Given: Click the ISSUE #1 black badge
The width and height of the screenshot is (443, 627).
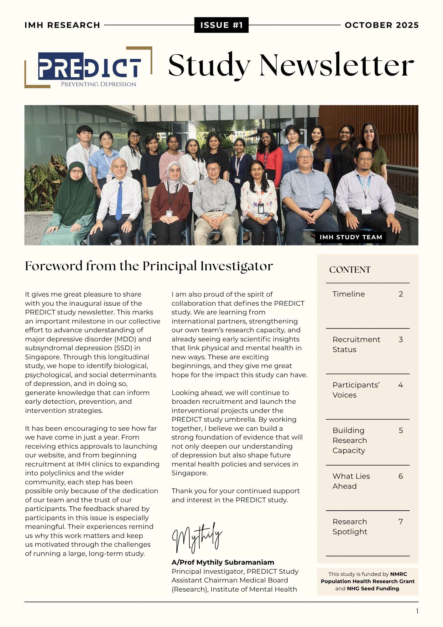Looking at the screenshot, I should (221, 25).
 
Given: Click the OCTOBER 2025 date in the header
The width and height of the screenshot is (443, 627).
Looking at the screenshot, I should (382, 25).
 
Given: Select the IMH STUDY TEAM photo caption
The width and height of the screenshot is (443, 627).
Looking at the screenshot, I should (351, 237).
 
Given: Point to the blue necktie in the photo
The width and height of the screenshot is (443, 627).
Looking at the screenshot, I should (119, 201).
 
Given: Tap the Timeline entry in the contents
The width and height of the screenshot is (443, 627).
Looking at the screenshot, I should (348, 294).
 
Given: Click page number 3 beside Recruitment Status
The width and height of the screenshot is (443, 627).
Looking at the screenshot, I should (400, 340).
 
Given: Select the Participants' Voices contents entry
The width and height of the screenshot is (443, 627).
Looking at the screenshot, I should (356, 390).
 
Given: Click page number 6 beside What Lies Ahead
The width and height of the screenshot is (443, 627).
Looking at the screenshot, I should (400, 476).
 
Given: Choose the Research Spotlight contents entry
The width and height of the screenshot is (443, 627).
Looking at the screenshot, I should (350, 526).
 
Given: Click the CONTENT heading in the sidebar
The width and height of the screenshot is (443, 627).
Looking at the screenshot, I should (350, 270).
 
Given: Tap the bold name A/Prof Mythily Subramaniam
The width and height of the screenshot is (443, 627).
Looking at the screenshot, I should (223, 562).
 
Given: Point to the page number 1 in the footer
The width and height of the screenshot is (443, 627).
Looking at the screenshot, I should (417, 611).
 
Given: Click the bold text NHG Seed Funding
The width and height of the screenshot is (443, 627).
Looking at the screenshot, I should (373, 588).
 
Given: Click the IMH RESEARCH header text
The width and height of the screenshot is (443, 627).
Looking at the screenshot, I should (62, 25).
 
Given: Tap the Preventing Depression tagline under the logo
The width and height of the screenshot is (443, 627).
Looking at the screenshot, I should (98, 84).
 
